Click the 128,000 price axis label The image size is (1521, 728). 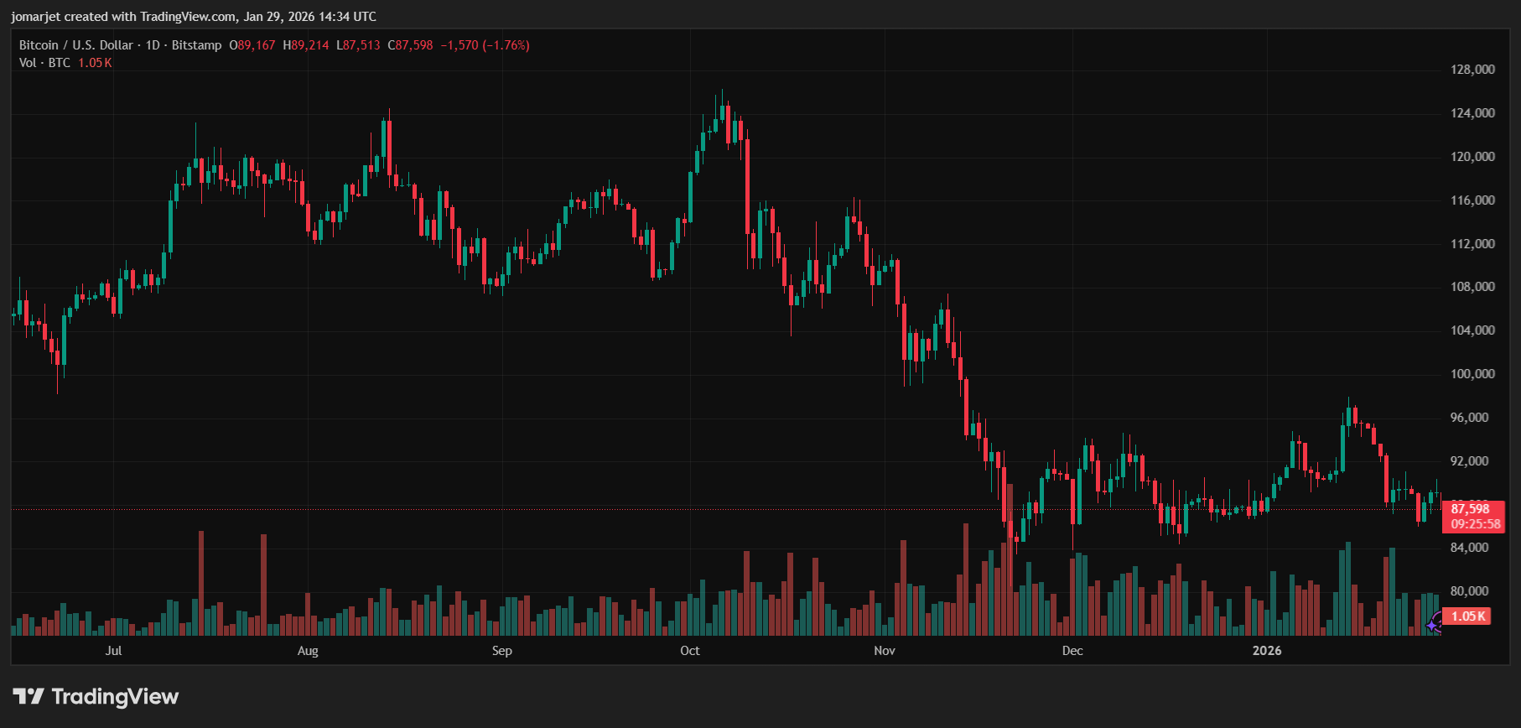tap(1472, 70)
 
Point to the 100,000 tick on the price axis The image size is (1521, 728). tap(1472, 374)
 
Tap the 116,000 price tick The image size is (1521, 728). tap(1472, 200)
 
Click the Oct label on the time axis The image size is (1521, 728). tap(689, 651)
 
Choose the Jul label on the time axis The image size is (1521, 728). tap(113, 651)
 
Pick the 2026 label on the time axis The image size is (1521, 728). tap(1266, 651)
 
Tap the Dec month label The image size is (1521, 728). tap(1072, 651)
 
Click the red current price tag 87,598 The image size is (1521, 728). tap(1471, 509)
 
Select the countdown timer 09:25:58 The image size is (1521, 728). tap(1475, 524)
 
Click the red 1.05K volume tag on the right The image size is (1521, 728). tap(1468, 616)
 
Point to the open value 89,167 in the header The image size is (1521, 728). tap(256, 45)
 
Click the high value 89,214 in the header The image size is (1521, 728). tap(309, 45)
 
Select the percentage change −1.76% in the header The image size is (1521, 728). tap(506, 45)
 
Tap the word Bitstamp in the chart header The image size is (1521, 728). tap(196, 45)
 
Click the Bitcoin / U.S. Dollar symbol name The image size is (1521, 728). tap(76, 45)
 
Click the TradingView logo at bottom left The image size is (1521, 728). tap(96, 696)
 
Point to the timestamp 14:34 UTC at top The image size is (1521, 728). tap(347, 17)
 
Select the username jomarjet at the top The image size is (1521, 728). tap(34, 17)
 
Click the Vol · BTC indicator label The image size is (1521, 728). tap(44, 63)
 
